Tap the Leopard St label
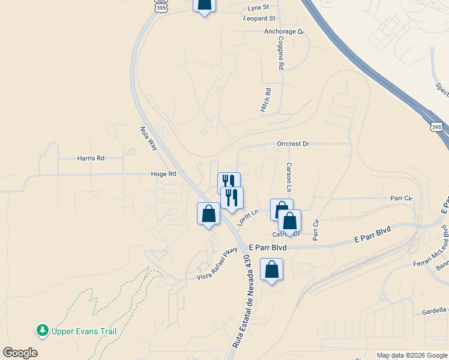click(259, 19)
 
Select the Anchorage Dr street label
click(284, 32)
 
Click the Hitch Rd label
click(267, 99)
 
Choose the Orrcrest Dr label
click(293, 144)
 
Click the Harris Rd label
click(91, 158)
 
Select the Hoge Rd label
click(163, 174)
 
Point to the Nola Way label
click(147, 138)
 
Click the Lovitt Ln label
click(247, 217)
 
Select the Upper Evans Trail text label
click(83, 331)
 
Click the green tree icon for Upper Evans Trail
click(42, 330)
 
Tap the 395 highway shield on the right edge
click(437, 127)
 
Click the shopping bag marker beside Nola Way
click(208, 214)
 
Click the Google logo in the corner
click(20, 353)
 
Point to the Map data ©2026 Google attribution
click(412, 355)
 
